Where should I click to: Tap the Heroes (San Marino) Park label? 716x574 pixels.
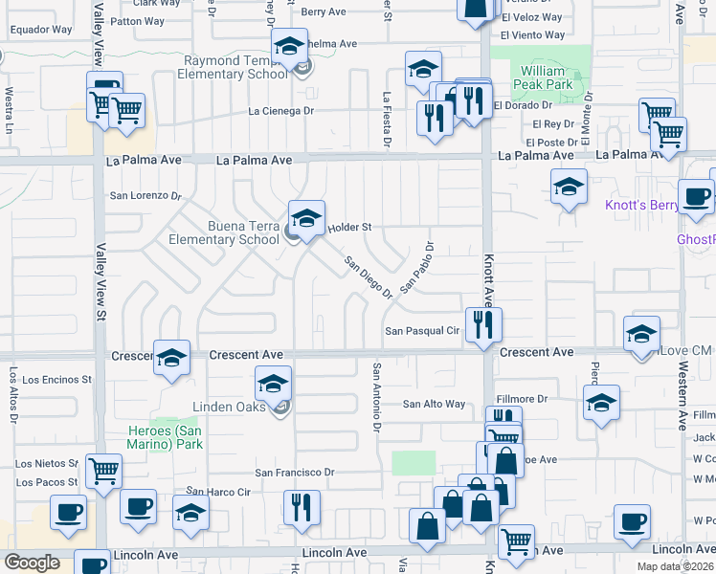click(x=166, y=437)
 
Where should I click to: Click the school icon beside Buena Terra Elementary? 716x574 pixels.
click(x=306, y=219)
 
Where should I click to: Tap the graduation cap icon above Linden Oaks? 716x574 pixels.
click(x=274, y=385)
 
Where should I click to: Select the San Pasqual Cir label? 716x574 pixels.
click(x=423, y=331)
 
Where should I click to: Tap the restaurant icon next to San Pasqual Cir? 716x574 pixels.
click(x=483, y=324)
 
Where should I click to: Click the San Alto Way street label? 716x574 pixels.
click(x=434, y=405)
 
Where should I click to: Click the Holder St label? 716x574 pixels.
click(x=349, y=228)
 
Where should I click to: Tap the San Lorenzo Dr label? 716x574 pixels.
click(x=145, y=195)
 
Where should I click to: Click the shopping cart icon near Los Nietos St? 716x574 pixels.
click(x=102, y=470)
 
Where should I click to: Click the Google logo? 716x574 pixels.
click(x=32, y=563)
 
